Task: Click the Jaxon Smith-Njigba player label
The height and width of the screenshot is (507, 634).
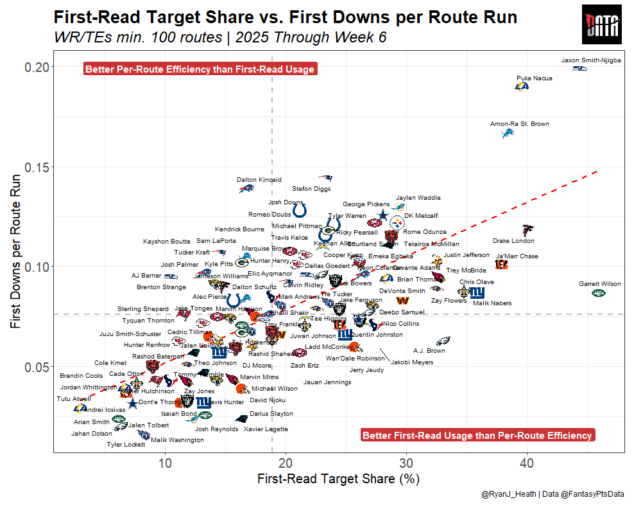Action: point(591,60)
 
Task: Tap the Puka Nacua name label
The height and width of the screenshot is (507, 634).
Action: point(534,78)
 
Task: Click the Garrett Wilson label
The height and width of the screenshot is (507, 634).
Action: point(599,283)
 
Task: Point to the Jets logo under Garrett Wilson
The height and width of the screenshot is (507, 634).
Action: point(598,293)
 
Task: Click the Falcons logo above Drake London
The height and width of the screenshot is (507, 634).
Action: point(527,229)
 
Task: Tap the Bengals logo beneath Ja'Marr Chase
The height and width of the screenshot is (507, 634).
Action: point(501,264)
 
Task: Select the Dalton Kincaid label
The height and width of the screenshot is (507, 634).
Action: point(259,180)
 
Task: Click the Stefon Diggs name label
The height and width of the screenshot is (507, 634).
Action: point(311,189)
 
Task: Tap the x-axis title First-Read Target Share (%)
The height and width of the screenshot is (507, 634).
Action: point(338,479)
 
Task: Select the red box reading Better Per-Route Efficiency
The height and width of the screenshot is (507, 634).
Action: point(200,69)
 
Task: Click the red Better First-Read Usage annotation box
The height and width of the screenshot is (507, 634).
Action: point(477,435)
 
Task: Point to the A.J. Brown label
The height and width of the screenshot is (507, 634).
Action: point(429,351)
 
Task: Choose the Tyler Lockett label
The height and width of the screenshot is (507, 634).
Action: point(126,445)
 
